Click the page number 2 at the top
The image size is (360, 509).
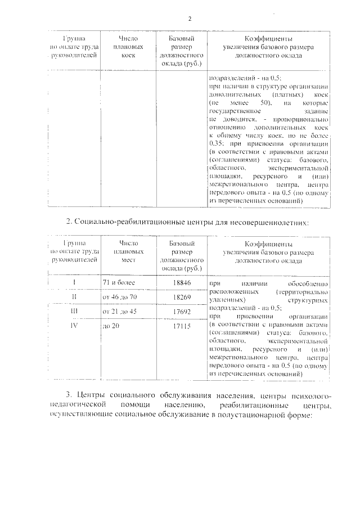click(x=190, y=19)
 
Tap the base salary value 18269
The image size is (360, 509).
click(x=179, y=296)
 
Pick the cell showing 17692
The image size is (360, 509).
click(x=179, y=310)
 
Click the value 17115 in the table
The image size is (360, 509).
click(x=179, y=325)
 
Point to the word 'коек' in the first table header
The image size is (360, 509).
click(x=128, y=56)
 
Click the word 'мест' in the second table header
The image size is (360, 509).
click(x=128, y=260)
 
